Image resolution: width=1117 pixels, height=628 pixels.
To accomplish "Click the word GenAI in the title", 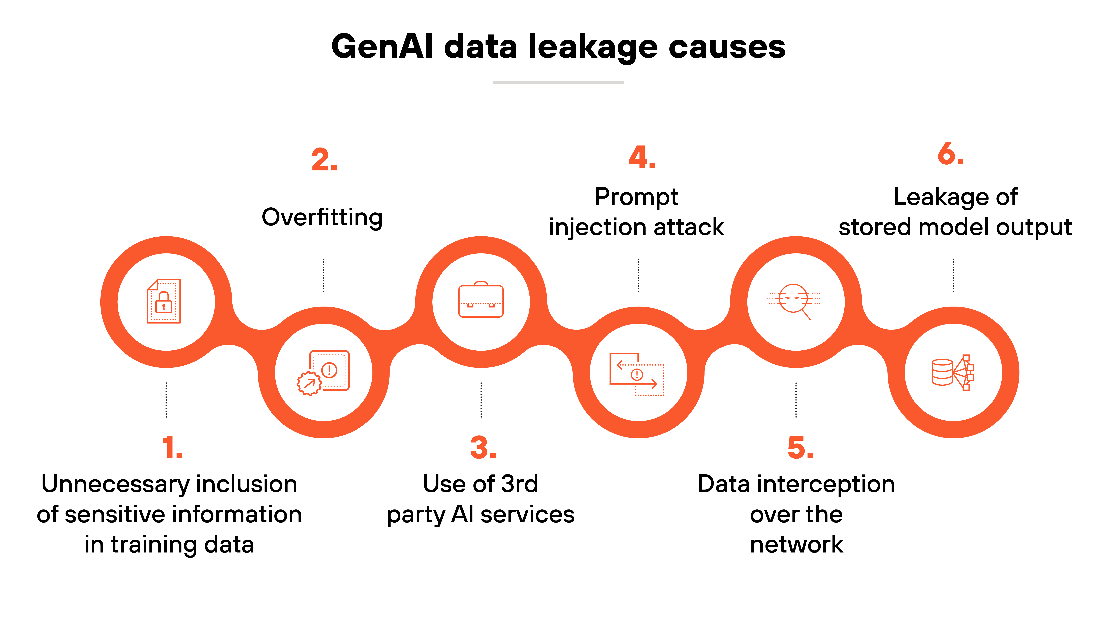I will click(x=382, y=47).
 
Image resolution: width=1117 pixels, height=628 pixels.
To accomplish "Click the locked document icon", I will click(x=164, y=301).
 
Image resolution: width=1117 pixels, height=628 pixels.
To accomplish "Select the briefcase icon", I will click(x=481, y=300).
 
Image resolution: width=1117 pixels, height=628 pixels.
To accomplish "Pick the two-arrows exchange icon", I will click(x=636, y=374).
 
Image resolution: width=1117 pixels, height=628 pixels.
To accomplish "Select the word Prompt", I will click(x=636, y=197).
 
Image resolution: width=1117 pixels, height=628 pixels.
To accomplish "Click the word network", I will click(x=796, y=545).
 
